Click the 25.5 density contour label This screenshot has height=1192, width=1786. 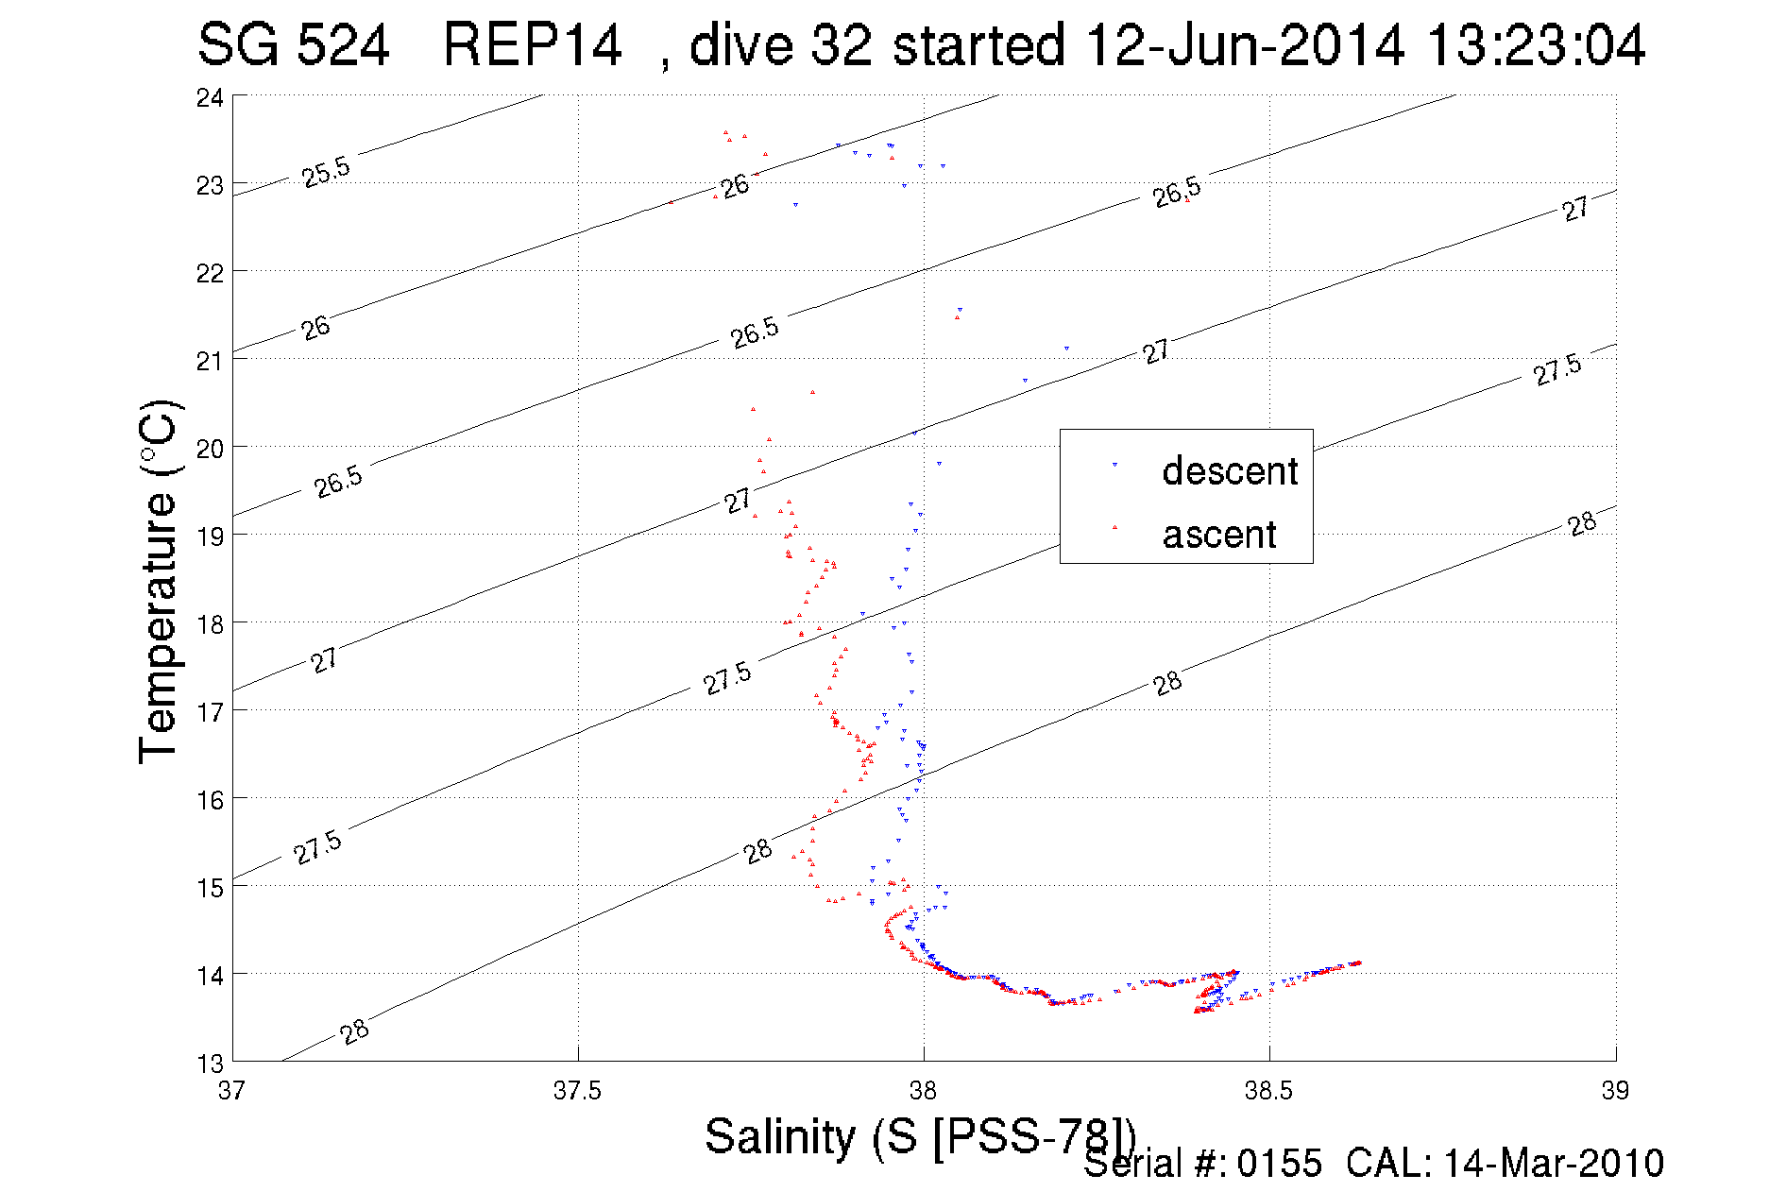[x=326, y=172]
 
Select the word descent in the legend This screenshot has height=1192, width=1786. [x=1230, y=470]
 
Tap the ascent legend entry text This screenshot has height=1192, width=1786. [x=1219, y=535]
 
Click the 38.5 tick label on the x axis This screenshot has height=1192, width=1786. [x=1268, y=1091]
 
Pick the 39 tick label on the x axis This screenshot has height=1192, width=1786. [x=1615, y=1091]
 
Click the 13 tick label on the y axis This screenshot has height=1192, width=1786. [x=210, y=1064]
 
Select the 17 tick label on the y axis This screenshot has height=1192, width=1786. [x=210, y=712]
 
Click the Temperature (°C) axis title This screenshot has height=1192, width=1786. [x=158, y=581]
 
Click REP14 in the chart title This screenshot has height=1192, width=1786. [x=533, y=44]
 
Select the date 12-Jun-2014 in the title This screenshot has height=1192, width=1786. [x=1245, y=44]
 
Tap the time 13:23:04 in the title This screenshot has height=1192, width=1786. [x=1537, y=44]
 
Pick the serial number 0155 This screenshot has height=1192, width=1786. [x=1280, y=1164]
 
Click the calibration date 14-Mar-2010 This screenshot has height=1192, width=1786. [x=1554, y=1164]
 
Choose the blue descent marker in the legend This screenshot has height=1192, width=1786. [x=1114, y=465]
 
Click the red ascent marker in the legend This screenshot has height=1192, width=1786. [x=1114, y=527]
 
